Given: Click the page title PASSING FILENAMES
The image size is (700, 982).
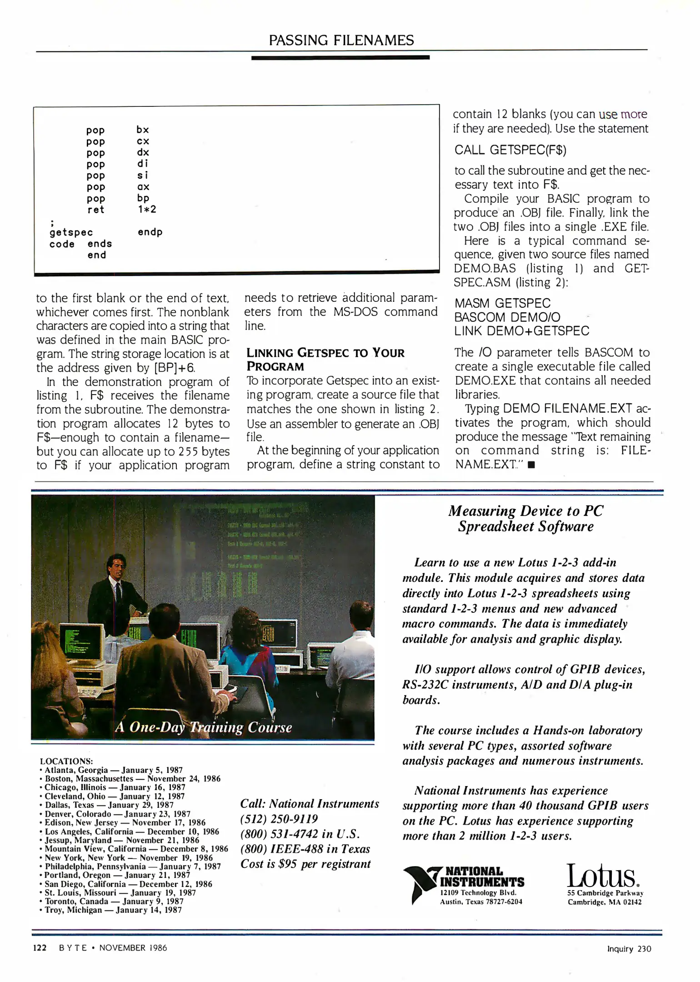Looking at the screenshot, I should [x=341, y=40].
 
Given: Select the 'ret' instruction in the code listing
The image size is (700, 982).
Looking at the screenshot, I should [x=96, y=210].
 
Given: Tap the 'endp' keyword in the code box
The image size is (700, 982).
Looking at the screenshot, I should [x=150, y=232].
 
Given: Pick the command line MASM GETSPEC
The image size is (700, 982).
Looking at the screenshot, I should [x=502, y=303].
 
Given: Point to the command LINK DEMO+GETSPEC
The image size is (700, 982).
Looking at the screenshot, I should [x=522, y=331].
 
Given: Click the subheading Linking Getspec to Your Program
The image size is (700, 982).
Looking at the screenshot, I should [x=325, y=360].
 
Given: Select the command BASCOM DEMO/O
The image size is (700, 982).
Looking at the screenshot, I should [x=507, y=317].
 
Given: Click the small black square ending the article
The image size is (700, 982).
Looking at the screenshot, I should [x=531, y=465].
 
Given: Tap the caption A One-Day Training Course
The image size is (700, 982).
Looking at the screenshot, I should [x=203, y=727].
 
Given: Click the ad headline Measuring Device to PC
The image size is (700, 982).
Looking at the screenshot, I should [x=525, y=511].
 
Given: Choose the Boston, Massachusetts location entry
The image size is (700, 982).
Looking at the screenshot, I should [x=132, y=779].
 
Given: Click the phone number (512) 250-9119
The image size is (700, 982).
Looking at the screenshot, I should [x=279, y=819].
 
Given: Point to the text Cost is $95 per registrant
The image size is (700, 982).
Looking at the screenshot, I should [x=305, y=864].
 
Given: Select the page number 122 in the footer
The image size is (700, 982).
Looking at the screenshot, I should [x=40, y=948].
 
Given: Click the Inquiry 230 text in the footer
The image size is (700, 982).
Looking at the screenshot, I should [x=629, y=949].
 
